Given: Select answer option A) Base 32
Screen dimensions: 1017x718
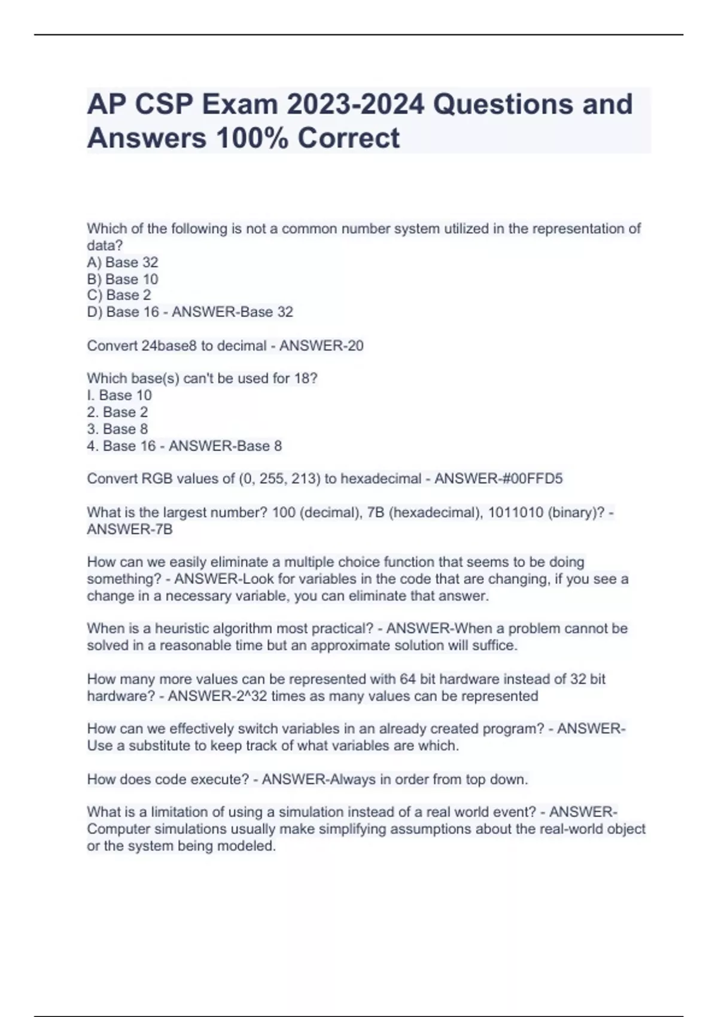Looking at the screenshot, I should click(123, 262).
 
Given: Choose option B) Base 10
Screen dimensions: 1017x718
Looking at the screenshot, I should click(123, 279).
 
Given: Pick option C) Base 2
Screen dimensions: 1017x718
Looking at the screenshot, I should click(119, 295).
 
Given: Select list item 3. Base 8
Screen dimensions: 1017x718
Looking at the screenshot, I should click(117, 429).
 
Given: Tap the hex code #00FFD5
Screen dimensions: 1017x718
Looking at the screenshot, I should click(530, 479).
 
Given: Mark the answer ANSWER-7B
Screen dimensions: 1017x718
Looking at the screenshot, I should click(130, 529).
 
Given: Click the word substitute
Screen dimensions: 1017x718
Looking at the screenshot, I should click(157, 746).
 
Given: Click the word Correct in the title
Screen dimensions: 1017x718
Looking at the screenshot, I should click(348, 138).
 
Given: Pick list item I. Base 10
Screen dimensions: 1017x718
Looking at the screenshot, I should click(119, 395).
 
